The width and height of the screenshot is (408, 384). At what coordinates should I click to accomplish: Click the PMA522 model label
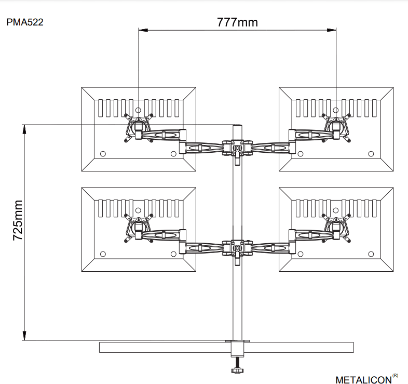coord(25,22)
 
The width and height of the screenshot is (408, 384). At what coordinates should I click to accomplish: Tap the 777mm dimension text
coord(237,22)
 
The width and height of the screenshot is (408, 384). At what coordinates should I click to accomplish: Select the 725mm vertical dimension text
coord(18,220)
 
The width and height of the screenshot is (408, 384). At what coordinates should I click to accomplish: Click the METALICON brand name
coord(363,380)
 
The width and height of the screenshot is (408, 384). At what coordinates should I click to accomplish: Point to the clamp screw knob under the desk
coord(237,370)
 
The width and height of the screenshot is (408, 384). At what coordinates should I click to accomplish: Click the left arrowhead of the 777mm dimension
coord(143,30)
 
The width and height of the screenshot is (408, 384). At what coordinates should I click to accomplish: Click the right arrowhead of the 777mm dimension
coord(331,30)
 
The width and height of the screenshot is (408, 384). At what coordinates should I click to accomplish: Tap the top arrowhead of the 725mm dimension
coord(24,129)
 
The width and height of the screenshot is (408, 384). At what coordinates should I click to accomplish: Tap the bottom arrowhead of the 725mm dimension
coord(24,336)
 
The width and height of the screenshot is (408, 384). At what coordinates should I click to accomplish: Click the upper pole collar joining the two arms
coord(237,148)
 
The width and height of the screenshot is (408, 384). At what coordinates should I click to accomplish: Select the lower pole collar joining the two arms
coord(237,248)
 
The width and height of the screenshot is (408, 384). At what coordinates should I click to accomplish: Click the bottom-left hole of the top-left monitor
coord(103,154)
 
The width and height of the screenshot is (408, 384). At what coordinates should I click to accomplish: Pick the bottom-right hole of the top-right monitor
coord(371,154)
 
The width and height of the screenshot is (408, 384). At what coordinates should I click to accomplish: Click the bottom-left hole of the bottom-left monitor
coord(103,254)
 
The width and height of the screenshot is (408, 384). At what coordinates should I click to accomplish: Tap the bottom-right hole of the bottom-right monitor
coord(371,254)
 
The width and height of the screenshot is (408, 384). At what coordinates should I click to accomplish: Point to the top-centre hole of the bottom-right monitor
coord(336,210)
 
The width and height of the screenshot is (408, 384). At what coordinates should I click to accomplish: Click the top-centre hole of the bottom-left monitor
coord(138,210)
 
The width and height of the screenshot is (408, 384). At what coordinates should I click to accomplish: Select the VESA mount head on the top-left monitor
coord(139,127)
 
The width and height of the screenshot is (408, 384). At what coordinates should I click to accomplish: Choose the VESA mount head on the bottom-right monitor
coord(336,228)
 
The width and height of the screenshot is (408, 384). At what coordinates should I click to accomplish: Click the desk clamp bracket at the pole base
coord(237,348)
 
